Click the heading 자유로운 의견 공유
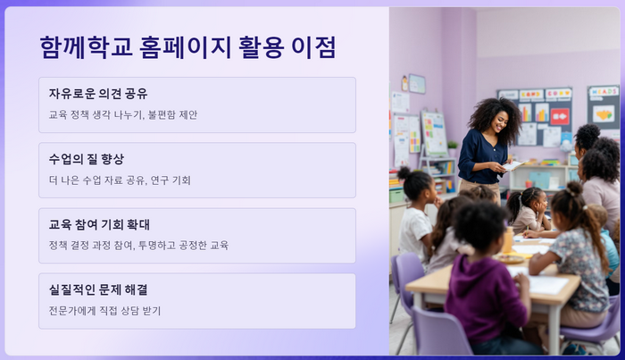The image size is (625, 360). tap(98, 94)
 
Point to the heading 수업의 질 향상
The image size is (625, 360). tap(87, 159)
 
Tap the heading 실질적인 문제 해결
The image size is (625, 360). tap(98, 289)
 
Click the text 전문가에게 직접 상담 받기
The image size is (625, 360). tap(104, 311)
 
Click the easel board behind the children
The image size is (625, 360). tap(434, 134)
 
